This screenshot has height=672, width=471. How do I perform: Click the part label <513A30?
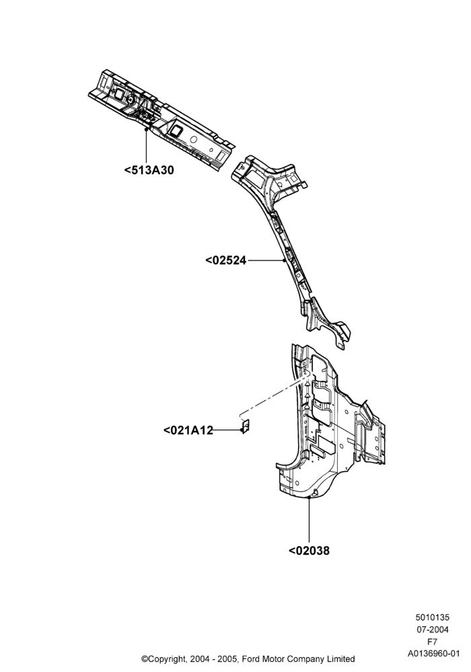[149, 170]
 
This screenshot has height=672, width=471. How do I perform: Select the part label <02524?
[225, 260]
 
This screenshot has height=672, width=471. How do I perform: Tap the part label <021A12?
[188, 430]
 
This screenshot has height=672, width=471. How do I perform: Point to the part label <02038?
[310, 550]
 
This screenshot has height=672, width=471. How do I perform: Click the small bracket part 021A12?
[246, 426]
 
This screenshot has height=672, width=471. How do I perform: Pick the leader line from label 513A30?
[146, 145]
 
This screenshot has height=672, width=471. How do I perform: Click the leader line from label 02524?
[266, 260]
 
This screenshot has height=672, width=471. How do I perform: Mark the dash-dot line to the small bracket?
[274, 394]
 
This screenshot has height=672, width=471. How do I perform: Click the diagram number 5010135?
[433, 618]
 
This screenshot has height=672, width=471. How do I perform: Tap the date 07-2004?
[433, 630]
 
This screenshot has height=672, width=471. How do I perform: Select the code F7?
[433, 642]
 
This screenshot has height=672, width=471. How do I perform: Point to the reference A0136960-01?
[433, 654]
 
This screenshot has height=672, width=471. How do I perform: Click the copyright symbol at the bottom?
[145, 659]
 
